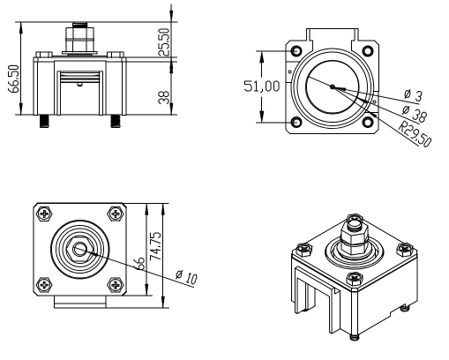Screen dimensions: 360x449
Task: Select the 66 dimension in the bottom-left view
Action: coord(139,263)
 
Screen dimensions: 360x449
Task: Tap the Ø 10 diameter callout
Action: coord(185,278)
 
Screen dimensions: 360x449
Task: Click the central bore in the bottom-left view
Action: coord(79,249)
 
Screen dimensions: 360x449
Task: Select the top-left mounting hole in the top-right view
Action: coord(295,49)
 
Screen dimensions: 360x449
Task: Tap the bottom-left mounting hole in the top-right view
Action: coord(295,122)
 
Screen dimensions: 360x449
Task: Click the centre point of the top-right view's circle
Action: coord(332,86)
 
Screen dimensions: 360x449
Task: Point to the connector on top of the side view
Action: coord(80,40)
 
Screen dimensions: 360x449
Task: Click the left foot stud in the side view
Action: coord(41,120)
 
